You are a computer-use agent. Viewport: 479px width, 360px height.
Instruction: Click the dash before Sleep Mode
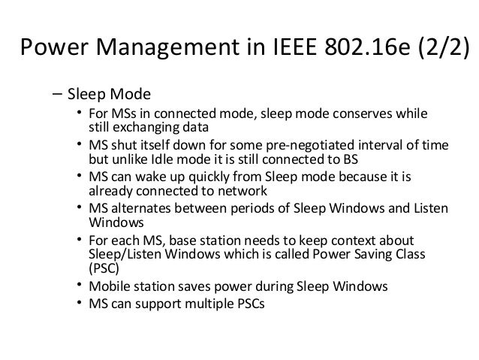(57, 96)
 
